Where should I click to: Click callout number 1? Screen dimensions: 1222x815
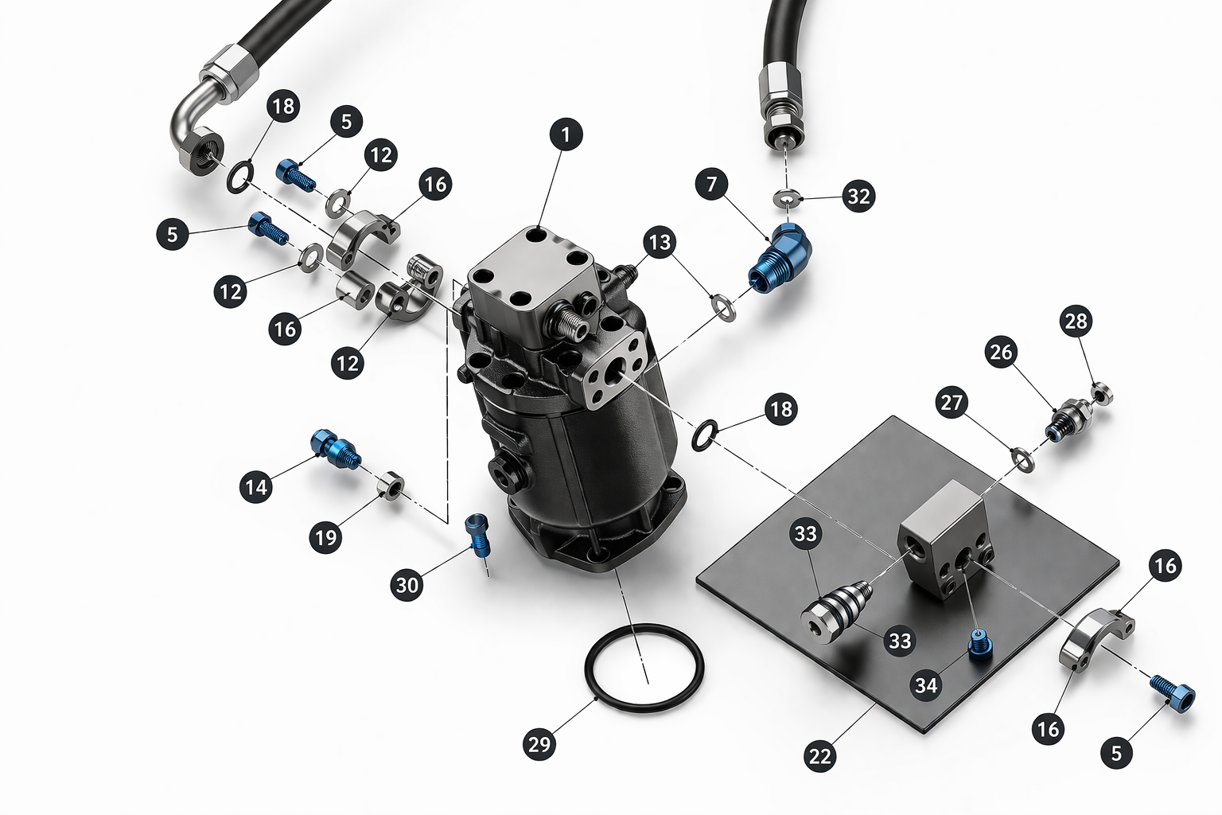(566, 135)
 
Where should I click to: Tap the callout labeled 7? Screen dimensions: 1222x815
(711, 185)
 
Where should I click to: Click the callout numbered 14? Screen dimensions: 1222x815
(256, 486)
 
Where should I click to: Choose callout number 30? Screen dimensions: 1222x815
(407, 585)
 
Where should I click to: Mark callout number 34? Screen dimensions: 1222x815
(926, 684)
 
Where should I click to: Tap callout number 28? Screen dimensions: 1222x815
(1076, 321)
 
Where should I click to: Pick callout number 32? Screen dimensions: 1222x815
(858, 196)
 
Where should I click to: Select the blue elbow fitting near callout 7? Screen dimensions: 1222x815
(780, 256)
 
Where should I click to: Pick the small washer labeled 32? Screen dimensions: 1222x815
(787, 197)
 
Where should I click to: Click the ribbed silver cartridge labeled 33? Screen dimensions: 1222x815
(835, 612)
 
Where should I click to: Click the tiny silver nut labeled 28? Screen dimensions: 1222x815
(1102, 393)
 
